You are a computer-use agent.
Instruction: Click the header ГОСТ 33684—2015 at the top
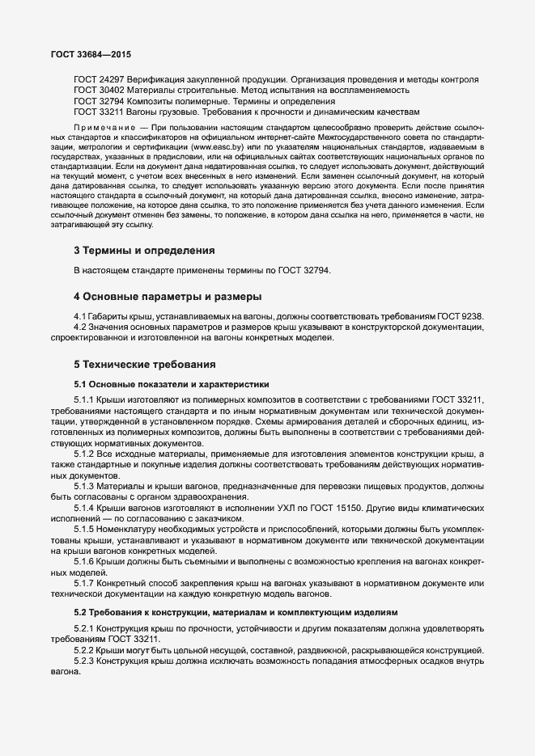pyautogui.click(x=91, y=55)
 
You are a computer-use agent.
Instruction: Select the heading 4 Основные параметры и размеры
pyautogui.click(x=168, y=295)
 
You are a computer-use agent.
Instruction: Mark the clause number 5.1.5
pyautogui.click(x=85, y=529)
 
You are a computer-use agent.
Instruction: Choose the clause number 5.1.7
pyautogui.click(x=85, y=584)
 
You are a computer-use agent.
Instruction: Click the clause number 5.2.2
pyautogui.click(x=85, y=650)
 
